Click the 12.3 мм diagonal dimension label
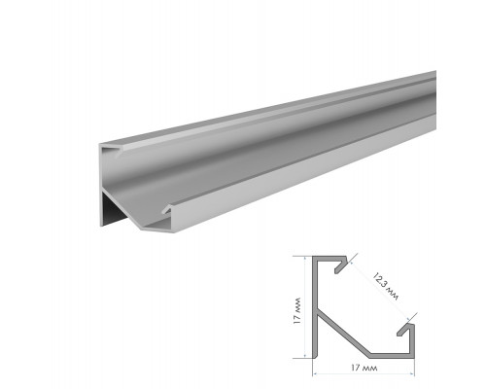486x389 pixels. click(386, 287)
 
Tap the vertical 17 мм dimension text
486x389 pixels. click(296, 311)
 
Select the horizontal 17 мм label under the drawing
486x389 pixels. click(364, 368)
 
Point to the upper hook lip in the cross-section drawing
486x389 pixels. click(341, 265)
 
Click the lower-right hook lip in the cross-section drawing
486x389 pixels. click(405, 330)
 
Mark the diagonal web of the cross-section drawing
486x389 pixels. click(343, 332)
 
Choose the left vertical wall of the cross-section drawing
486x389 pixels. click(314, 307)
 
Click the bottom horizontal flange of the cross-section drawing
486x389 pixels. click(392, 356)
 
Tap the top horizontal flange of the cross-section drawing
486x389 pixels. click(330, 259)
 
